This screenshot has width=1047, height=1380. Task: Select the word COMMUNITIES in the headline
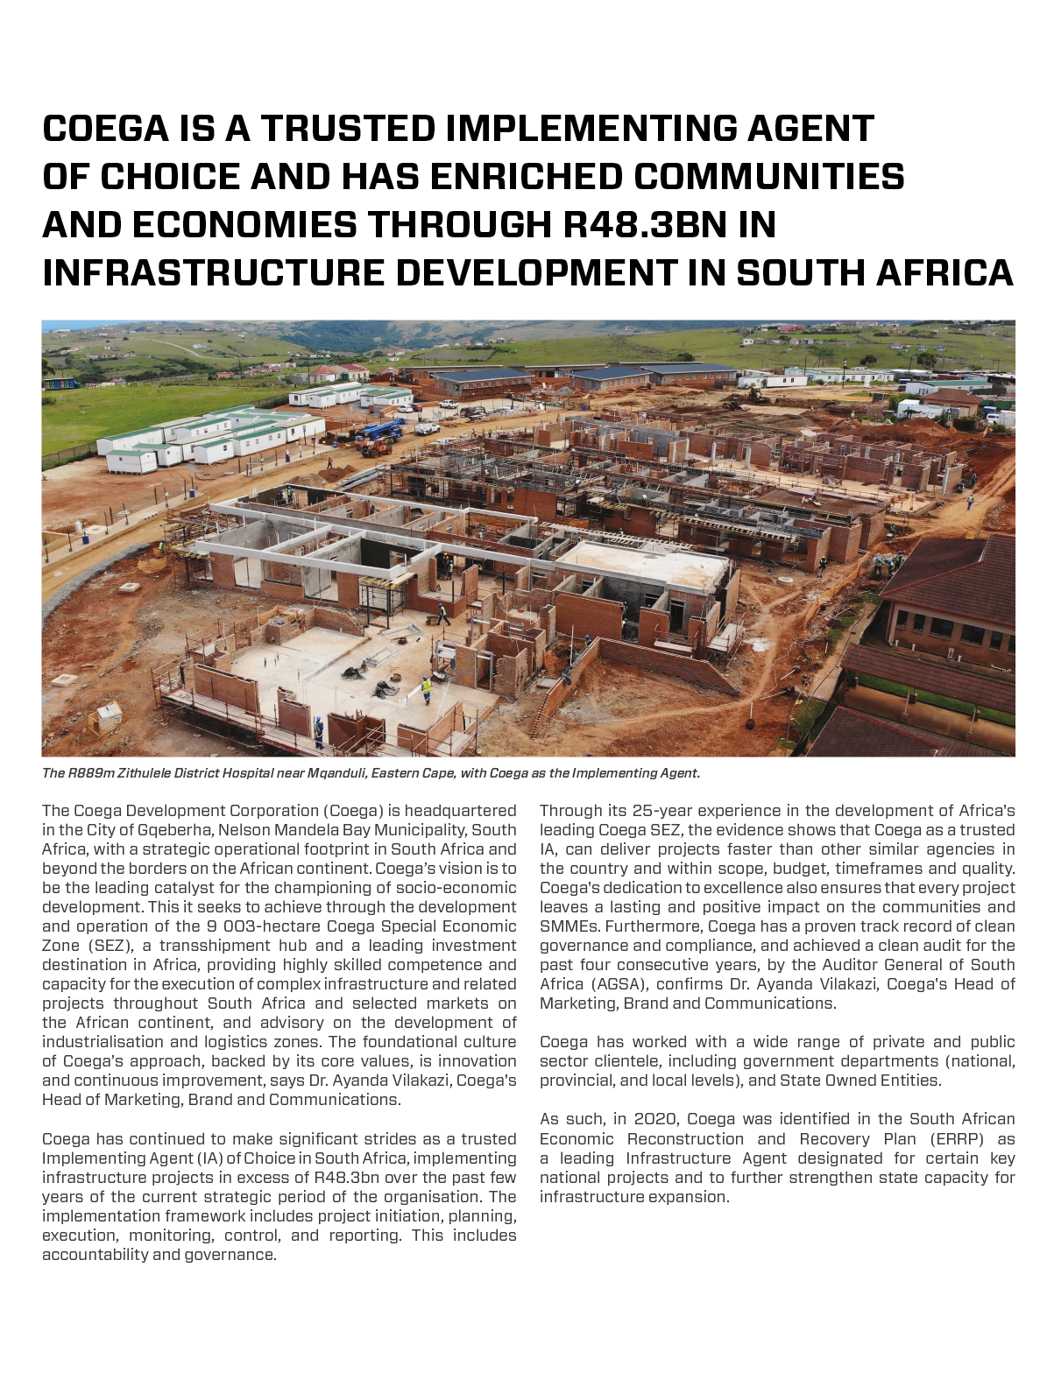[769, 177]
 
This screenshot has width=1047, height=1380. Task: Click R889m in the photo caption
[90, 773]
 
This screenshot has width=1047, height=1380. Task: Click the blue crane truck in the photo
[383, 430]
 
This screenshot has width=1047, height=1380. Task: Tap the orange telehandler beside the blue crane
[377, 447]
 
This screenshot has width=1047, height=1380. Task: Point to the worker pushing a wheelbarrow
[442, 614]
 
